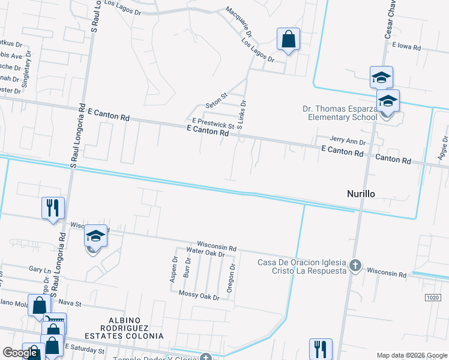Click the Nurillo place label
[x=364, y=194]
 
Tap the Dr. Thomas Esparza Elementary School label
[x=339, y=113]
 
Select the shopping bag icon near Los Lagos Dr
[x=288, y=40]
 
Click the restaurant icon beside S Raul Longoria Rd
[x=53, y=208]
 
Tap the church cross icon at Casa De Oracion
[x=355, y=264]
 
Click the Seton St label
[x=217, y=95]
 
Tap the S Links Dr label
[x=243, y=115]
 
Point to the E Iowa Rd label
[x=408, y=46]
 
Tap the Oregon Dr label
[x=231, y=278]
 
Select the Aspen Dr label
[x=175, y=269]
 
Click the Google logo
[x=20, y=353]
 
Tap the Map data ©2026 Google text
[x=411, y=355]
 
